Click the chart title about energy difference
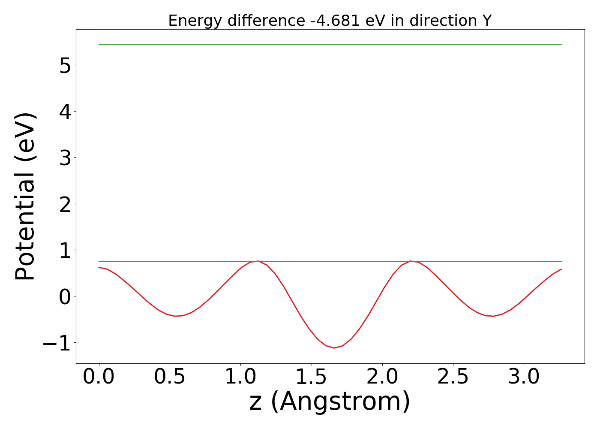pyautogui.click(x=330, y=21)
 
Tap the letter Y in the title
pyautogui.click(x=486, y=21)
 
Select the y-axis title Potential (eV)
pyautogui.click(x=25, y=196)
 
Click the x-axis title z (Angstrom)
pyautogui.click(x=330, y=402)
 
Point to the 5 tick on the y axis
pyautogui.click(x=65, y=65)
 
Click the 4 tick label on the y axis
pyautogui.click(x=65, y=112)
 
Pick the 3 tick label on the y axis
pyautogui.click(x=65, y=158)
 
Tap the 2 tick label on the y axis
pyautogui.click(x=65, y=204)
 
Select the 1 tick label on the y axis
pyautogui.click(x=65, y=250)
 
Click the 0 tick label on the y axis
pyautogui.click(x=65, y=296)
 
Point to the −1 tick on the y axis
pyautogui.click(x=57, y=343)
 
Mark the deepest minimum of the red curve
pyautogui.click(x=334, y=348)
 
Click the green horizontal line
pyautogui.click(x=330, y=45)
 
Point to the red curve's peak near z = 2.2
pyautogui.click(x=410, y=261)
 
